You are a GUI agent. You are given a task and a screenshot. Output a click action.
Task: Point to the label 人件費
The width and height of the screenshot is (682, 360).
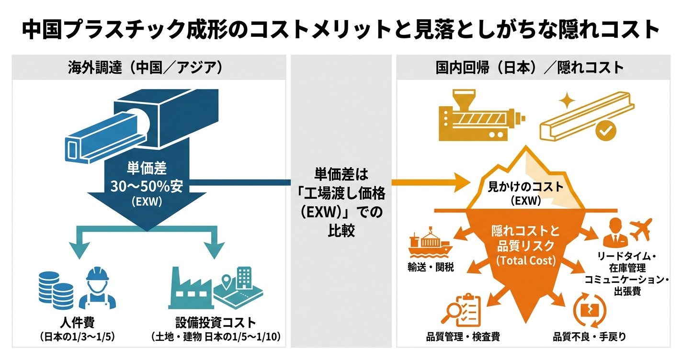point(78,321)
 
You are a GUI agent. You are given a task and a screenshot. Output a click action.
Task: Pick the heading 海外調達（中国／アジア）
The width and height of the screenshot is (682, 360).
point(145,67)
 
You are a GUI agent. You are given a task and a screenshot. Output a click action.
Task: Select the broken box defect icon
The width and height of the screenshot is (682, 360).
point(587,311)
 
